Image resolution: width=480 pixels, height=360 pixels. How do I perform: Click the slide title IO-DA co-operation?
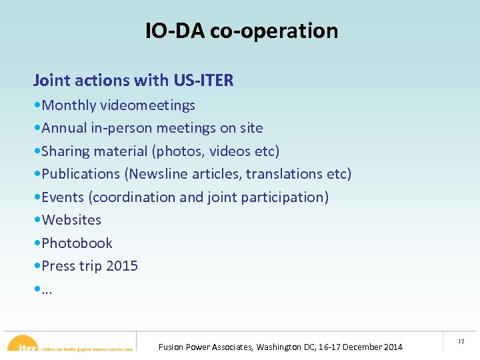pos(241,31)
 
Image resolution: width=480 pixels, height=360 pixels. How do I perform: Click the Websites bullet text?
pos(71,220)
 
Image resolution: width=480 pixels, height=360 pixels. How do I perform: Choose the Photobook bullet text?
pos(77,243)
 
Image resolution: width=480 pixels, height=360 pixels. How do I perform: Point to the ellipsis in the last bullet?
pos(47,291)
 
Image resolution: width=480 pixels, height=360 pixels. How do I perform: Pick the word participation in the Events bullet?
pos(285,197)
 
